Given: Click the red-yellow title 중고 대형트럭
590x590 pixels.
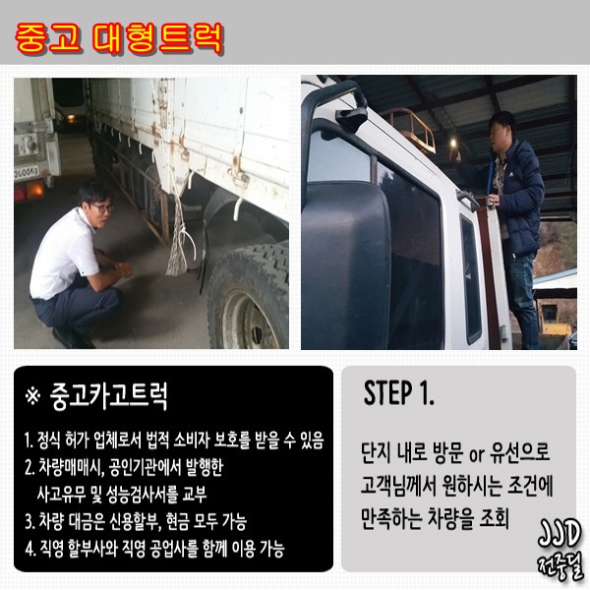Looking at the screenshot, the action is point(120,38).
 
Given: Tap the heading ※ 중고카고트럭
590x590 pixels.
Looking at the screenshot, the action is point(96,396).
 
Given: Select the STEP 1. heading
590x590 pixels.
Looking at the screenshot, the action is point(399,392).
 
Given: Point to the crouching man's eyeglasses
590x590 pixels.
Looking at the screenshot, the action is point(101,207).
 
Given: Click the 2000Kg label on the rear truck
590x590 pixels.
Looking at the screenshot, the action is point(27,173).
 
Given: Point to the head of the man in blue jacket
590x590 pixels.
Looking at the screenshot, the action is point(502,127).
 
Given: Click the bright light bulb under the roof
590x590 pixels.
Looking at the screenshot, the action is point(454,143).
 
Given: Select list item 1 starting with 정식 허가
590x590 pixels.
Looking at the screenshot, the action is point(174,441).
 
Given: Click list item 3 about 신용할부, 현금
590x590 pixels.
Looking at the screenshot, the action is point(137,521).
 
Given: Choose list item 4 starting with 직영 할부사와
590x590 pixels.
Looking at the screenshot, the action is point(155,549).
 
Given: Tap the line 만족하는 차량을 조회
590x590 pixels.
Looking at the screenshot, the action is point(435,519).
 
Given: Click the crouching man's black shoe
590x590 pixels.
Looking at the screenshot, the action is point(73,338).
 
